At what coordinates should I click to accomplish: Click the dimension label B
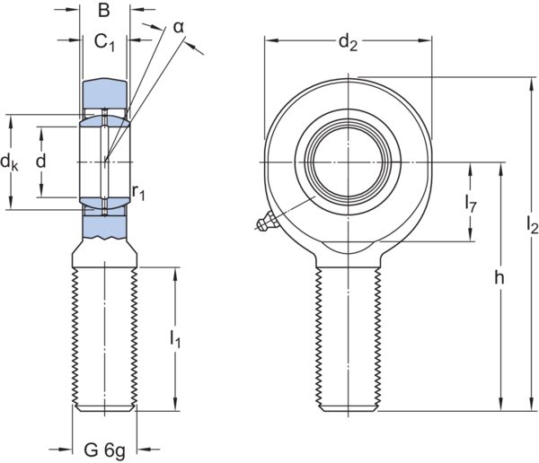(104, 11)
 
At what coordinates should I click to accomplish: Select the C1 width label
(104, 40)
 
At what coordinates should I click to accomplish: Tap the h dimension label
(499, 278)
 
